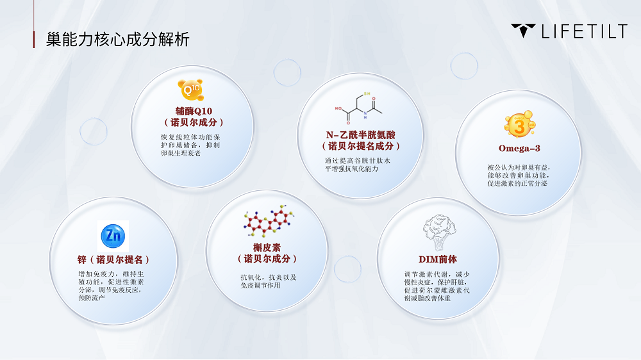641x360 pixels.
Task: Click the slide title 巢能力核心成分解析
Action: (x=118, y=40)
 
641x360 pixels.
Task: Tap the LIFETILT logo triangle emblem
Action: (x=523, y=30)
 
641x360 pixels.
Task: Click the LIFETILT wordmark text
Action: (x=585, y=31)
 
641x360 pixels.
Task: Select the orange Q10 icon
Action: (x=190, y=90)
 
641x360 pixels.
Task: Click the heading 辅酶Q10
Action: (x=194, y=111)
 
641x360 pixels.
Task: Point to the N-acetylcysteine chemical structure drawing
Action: (x=358, y=108)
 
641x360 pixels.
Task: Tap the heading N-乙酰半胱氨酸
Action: (x=360, y=135)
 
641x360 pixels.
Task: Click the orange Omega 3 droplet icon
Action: (x=520, y=124)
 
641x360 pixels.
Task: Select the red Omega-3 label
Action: (x=519, y=149)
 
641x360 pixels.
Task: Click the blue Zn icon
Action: (x=113, y=236)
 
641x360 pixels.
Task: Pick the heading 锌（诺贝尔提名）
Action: (x=113, y=259)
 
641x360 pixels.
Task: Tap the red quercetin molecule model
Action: (x=269, y=221)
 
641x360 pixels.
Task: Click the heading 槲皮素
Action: (x=267, y=248)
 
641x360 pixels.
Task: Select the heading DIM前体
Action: (x=438, y=259)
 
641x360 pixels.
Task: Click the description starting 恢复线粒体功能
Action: (x=190, y=145)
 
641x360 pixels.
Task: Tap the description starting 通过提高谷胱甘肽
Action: (x=358, y=165)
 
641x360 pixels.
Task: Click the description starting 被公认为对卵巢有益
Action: (x=519, y=176)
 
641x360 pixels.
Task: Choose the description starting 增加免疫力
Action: (x=111, y=286)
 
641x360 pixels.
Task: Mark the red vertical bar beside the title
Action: (x=33, y=40)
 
